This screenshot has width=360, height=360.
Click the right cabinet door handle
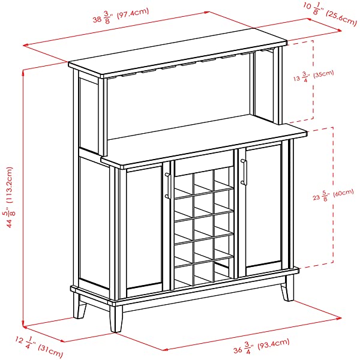(x=244, y=172)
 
